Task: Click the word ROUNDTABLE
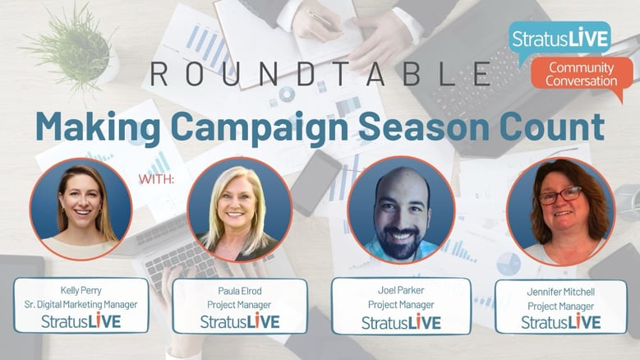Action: click(x=320, y=74)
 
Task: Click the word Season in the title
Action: click(x=424, y=127)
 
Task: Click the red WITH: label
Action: click(x=156, y=179)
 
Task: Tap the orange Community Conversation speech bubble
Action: click(x=582, y=77)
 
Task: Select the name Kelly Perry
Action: click(x=81, y=290)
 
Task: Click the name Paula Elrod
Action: click(x=240, y=291)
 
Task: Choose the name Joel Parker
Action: click(x=401, y=290)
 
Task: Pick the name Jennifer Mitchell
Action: click(x=561, y=292)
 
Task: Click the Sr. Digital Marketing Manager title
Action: click(x=81, y=304)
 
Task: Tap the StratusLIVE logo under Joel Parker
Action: click(x=401, y=322)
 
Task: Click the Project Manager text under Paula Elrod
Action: click(x=239, y=305)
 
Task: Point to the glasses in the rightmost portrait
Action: click(x=560, y=196)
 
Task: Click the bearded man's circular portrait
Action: click(x=401, y=210)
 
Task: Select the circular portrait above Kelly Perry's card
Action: click(x=81, y=209)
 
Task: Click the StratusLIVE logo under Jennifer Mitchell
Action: click(x=561, y=322)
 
